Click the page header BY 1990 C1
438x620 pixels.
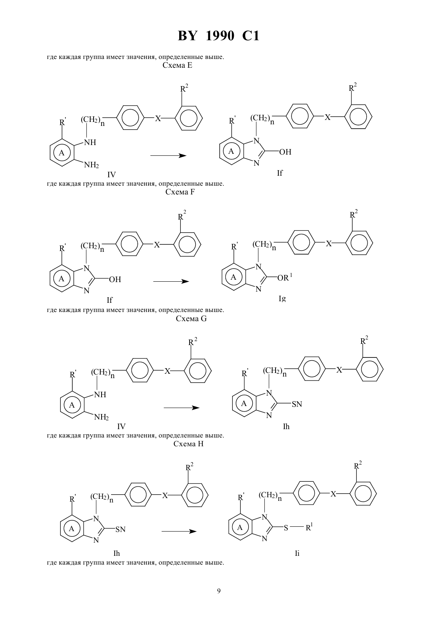[x=219, y=36]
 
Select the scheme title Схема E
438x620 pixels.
[x=177, y=65]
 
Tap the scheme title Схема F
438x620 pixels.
[x=180, y=192]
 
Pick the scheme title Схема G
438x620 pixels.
[x=191, y=319]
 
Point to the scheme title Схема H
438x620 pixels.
[x=188, y=444]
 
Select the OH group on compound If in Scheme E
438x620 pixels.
[x=285, y=152]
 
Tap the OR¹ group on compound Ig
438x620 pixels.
[x=285, y=277]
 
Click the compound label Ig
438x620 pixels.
[x=282, y=298]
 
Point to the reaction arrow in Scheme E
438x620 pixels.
[x=168, y=155]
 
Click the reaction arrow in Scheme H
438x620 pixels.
[x=179, y=531]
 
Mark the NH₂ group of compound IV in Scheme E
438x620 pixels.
[x=92, y=165]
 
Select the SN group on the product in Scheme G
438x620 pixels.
[x=297, y=404]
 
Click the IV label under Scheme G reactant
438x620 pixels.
[x=121, y=426]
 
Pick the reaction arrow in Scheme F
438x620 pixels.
[x=171, y=281]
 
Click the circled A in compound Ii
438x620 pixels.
[x=240, y=527]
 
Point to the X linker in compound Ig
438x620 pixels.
[x=328, y=243]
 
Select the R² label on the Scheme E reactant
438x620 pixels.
[x=184, y=88]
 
